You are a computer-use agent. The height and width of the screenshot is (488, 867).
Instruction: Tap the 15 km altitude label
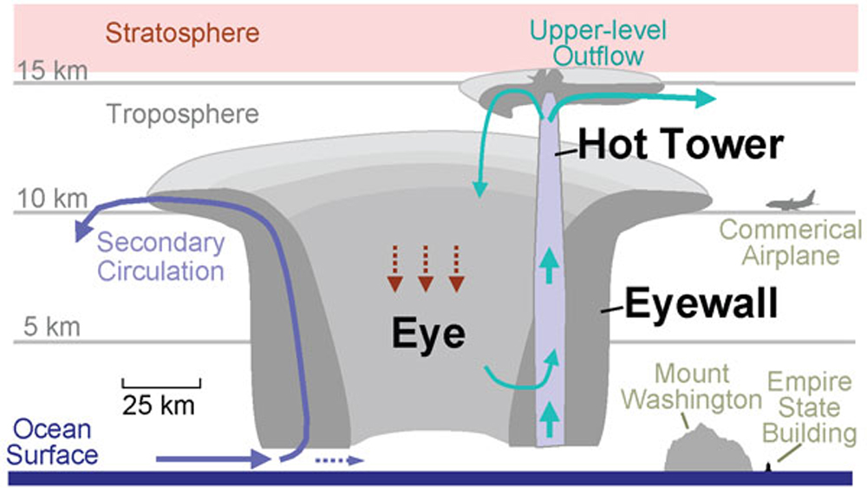[x=51, y=70]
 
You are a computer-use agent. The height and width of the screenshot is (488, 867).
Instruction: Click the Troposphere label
[x=183, y=114]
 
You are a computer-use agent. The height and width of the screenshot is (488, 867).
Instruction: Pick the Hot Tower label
[x=681, y=145]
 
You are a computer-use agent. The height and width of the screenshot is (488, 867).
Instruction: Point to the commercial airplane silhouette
[x=792, y=202]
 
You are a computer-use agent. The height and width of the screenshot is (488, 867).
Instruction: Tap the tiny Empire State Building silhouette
[x=770, y=468]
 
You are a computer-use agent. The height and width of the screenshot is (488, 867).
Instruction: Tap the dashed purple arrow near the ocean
[x=338, y=460]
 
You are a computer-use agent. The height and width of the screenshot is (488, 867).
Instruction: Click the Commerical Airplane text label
[x=792, y=243]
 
